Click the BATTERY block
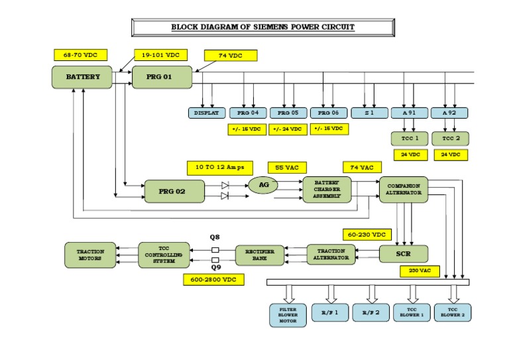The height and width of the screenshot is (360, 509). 83,77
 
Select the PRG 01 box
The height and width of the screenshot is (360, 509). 162,77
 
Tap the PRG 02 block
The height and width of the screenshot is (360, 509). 174,191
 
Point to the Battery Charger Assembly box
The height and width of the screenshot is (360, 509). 327,190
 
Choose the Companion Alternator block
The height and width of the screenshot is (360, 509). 404,189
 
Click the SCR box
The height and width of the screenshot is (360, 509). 403,253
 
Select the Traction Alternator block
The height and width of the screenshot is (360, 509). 331,254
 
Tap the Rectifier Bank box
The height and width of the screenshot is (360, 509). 264,255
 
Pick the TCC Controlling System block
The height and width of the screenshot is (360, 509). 164,255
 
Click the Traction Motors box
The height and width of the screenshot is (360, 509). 89,255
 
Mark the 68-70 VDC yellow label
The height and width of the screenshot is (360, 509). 80,55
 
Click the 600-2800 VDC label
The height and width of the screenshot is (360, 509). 213,280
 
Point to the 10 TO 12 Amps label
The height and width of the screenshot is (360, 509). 220,167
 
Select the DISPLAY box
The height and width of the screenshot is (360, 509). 206,113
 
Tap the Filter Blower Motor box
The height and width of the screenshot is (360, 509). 288,314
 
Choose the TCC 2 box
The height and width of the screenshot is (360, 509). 449,139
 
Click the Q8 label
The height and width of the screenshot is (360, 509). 214,237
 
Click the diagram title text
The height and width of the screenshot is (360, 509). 263,27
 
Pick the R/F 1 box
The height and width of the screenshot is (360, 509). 329,312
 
